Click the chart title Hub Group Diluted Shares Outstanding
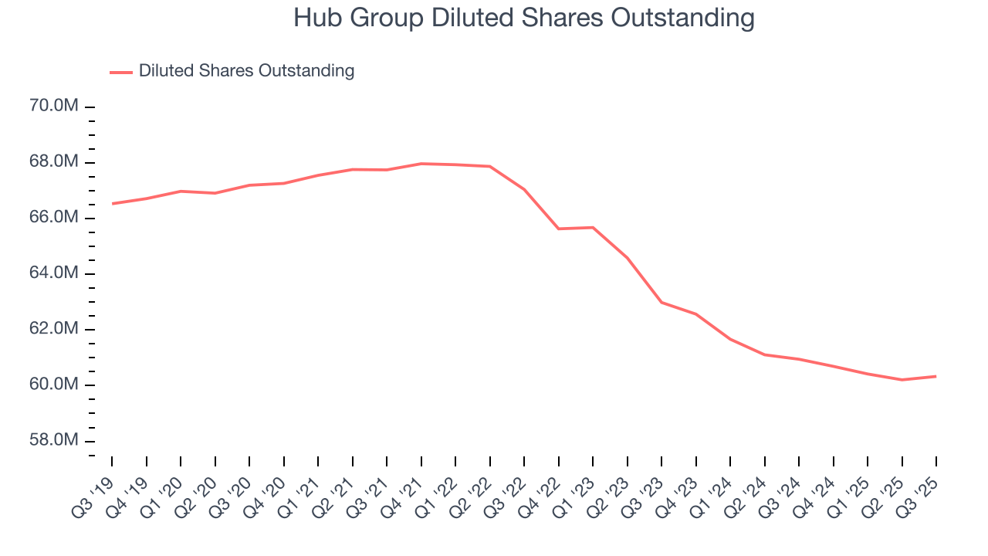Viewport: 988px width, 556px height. point(523,18)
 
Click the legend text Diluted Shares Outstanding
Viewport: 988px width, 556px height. point(246,71)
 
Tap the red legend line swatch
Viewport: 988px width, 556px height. point(121,72)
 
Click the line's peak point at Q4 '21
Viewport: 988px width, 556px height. point(421,164)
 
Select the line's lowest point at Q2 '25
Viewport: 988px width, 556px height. point(902,380)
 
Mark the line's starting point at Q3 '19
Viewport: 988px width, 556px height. point(112,204)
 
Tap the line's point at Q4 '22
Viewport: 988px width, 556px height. point(559,229)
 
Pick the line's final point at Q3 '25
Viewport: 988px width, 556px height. point(936,376)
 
